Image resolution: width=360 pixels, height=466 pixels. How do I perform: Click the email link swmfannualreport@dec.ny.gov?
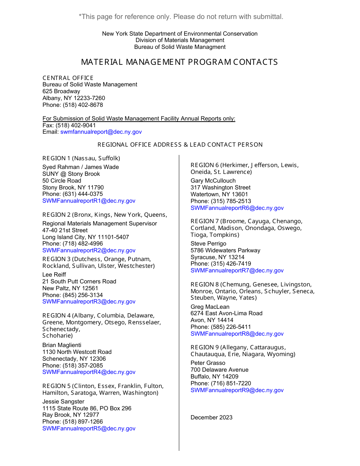coord(101,132)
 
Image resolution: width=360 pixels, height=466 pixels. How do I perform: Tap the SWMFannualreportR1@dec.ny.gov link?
coord(89,201)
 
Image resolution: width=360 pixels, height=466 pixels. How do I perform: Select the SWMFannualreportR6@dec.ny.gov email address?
coord(237,208)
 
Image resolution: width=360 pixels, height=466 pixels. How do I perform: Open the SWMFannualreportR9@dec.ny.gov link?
coord(237,390)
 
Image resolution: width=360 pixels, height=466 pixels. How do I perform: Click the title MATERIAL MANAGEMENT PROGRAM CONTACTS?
coord(180,62)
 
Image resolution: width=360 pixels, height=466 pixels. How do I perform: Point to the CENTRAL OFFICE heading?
coord(68,78)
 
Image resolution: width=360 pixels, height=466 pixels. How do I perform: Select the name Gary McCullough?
coord(213,181)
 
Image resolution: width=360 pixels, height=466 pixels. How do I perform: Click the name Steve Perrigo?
coord(208,244)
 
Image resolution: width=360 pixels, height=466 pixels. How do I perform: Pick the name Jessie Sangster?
coord(63,402)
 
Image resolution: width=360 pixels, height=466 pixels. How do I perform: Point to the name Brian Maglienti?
coord(62,345)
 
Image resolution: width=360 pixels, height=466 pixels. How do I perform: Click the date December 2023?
coord(211,418)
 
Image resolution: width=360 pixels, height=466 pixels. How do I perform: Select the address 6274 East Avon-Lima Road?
coord(226,313)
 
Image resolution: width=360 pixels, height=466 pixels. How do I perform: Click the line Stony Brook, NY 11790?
coord(73,188)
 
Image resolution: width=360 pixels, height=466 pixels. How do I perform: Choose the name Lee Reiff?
coord(54,275)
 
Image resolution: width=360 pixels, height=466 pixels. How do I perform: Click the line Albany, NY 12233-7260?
coord(74,98)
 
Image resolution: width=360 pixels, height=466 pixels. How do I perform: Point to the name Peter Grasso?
coord(208,363)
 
